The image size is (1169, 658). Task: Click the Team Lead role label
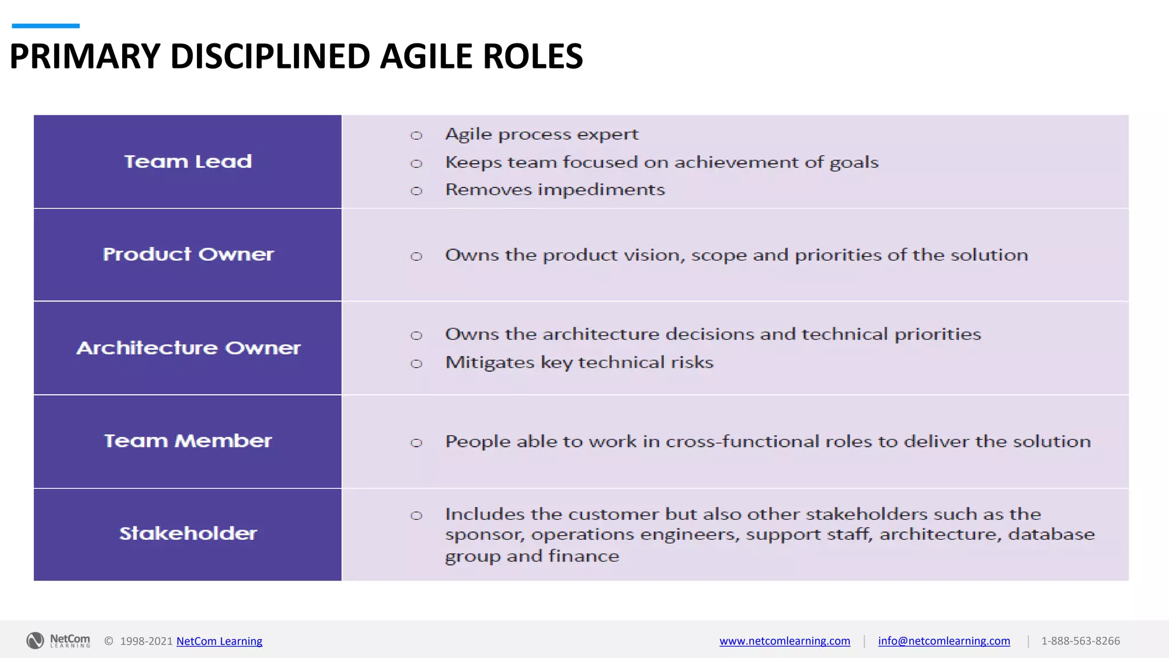pos(188,162)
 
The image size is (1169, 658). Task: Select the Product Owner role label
pos(188,254)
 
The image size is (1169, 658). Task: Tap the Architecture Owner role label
pos(188,348)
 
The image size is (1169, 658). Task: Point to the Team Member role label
pos(188,441)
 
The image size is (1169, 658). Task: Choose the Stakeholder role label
pos(188,533)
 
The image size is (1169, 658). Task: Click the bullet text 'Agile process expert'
pos(541,135)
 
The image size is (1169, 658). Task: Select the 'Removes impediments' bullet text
pos(555,190)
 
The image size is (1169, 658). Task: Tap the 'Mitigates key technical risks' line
pos(579,363)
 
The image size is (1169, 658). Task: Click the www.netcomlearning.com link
pos(784,641)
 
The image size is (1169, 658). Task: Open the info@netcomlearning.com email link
pos(944,641)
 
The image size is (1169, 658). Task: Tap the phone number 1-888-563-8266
pos(1080,641)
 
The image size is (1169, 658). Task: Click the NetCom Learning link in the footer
pos(219,641)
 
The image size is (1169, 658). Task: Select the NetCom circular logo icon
pos(35,640)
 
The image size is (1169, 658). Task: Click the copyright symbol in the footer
pos(108,641)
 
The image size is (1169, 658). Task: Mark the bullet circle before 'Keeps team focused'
pos(416,164)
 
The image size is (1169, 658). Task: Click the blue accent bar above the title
pos(46,26)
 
